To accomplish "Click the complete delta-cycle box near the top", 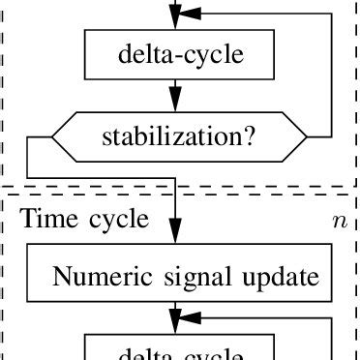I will (179, 55).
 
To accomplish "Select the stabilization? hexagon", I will (179, 137).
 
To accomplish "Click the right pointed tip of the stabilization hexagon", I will (309, 137).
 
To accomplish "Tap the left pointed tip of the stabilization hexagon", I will (50, 137).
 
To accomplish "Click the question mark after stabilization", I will (251, 137).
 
